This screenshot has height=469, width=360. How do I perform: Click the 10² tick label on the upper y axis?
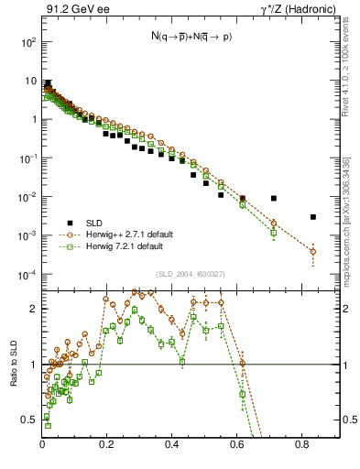pyautogui.click(x=27, y=42)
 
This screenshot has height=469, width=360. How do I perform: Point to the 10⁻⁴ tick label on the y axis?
pyautogui.click(x=27, y=275)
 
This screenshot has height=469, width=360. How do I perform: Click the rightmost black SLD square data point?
pyautogui.click(x=313, y=217)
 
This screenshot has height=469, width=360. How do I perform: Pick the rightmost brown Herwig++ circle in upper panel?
pyautogui.click(x=313, y=251)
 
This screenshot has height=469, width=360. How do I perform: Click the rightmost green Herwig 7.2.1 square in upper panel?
pyautogui.click(x=273, y=233)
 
